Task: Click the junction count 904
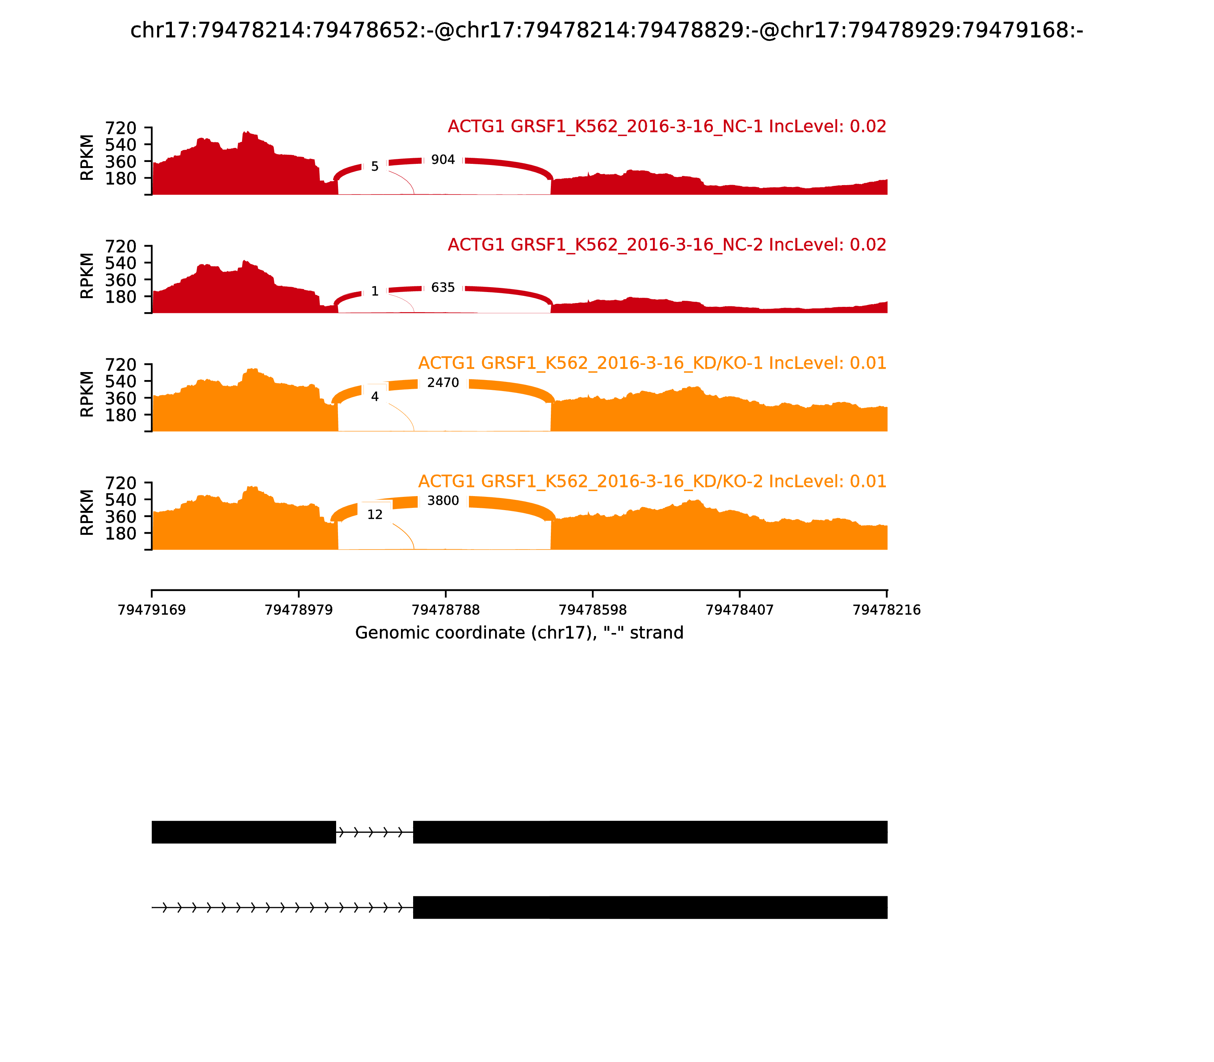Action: (x=443, y=160)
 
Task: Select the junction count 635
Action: (x=443, y=288)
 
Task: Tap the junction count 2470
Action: (x=443, y=383)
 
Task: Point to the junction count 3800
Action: (x=443, y=501)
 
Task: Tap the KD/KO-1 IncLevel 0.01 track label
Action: (x=652, y=363)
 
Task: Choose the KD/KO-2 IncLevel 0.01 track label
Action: (x=652, y=481)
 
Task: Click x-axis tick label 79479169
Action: (x=152, y=610)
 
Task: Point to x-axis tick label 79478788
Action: (x=446, y=610)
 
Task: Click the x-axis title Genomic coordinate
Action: (x=519, y=633)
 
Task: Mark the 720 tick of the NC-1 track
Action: (x=121, y=128)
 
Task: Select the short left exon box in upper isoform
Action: (x=244, y=832)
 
